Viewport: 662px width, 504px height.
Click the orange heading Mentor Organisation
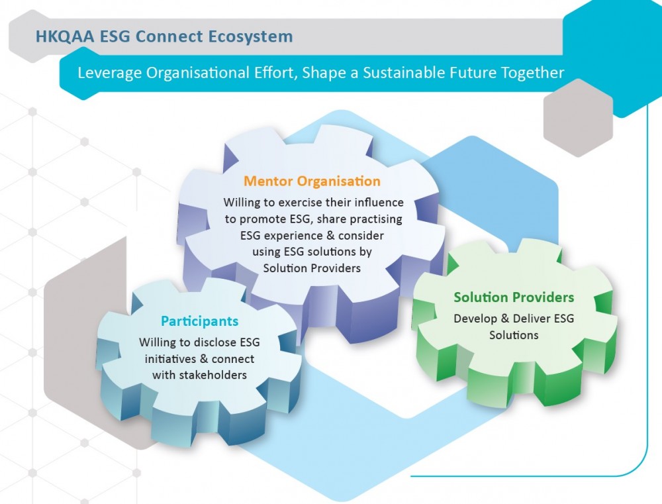click(x=312, y=181)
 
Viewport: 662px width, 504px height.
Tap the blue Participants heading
click(x=199, y=322)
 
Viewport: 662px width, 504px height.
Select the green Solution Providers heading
click(x=514, y=297)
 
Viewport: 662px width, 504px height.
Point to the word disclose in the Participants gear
click(x=209, y=342)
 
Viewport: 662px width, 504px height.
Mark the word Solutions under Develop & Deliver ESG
click(x=514, y=335)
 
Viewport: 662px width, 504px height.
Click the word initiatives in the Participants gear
click(x=170, y=359)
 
